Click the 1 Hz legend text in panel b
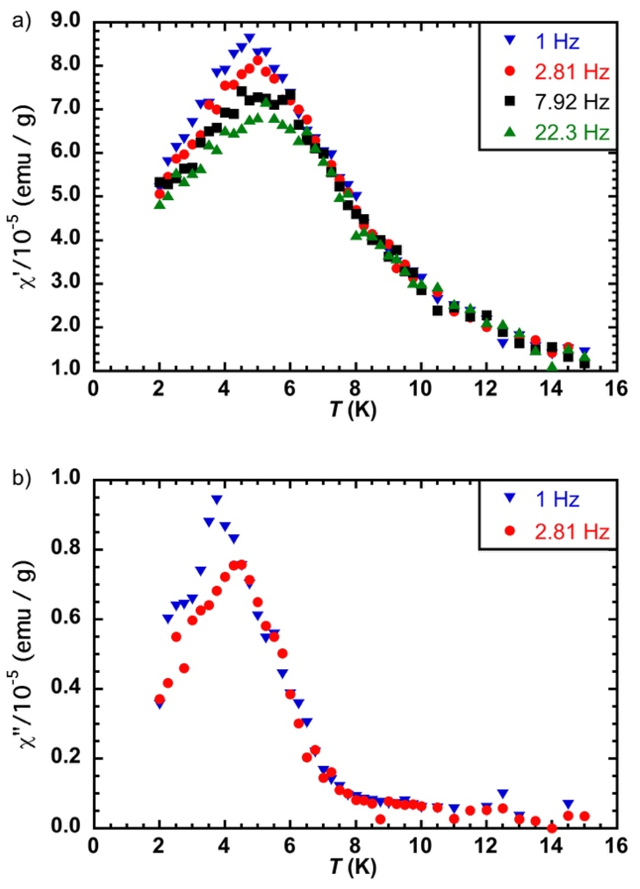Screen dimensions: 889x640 [x=557, y=500]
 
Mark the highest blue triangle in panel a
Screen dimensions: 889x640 [x=250, y=38]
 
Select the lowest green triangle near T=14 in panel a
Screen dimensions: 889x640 [x=552, y=367]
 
